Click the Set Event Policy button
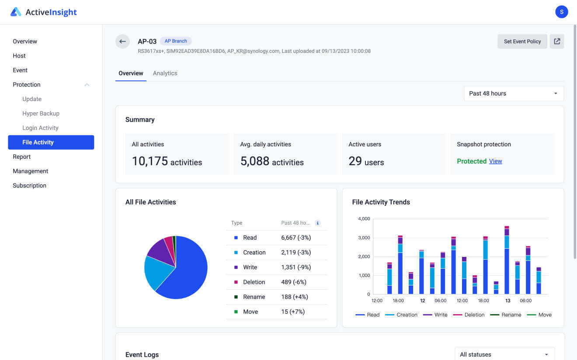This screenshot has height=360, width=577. coord(522,42)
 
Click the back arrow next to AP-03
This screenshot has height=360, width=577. coord(122,42)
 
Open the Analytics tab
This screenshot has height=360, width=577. coord(165,73)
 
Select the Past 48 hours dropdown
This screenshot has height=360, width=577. coord(514,93)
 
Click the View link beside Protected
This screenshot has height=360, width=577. coord(495,161)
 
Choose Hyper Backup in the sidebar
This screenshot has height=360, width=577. coord(41,114)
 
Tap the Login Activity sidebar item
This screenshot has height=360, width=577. coord(40,128)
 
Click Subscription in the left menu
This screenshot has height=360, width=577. coord(29,186)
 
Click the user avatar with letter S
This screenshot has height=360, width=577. coord(561,12)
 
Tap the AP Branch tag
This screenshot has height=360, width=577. coord(176,41)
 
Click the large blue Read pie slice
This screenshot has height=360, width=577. coord(188,271)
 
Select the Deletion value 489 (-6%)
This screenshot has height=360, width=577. coord(294,282)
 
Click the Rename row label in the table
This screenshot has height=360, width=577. coord(254,297)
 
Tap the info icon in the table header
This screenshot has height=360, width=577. coord(318,223)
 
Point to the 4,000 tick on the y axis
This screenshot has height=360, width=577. coord(364,219)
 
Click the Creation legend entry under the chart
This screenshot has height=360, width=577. coord(401,315)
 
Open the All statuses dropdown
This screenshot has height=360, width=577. coord(504,354)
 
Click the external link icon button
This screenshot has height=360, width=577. coord(557,42)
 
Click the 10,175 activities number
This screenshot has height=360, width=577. coord(150,161)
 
